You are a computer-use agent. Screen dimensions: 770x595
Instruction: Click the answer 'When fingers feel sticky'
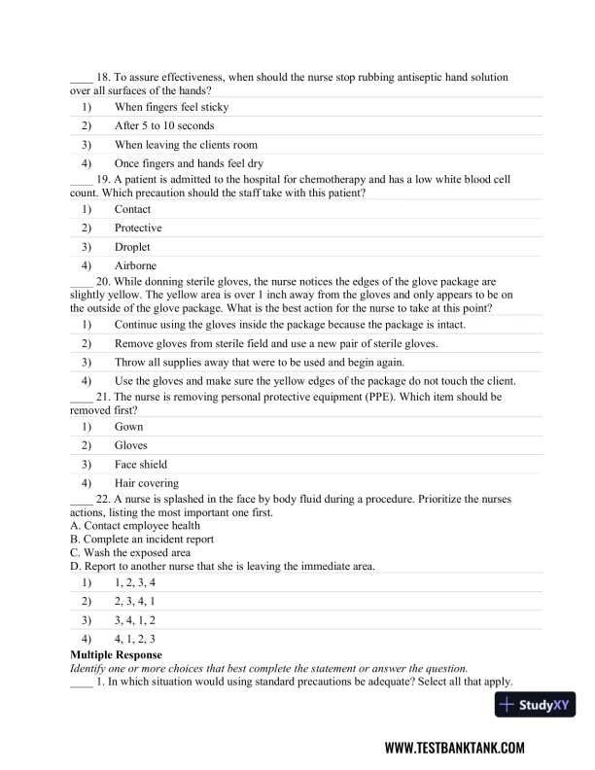click(171, 107)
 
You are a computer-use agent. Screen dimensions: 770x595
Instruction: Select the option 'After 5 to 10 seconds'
click(164, 125)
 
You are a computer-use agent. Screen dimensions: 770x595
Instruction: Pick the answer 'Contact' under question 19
click(132, 209)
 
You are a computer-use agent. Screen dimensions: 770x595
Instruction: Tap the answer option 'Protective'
click(138, 227)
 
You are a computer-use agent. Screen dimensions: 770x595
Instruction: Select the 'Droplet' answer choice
click(134, 247)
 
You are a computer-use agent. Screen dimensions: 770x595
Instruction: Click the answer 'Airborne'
click(135, 265)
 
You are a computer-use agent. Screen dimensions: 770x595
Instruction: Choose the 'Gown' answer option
click(128, 426)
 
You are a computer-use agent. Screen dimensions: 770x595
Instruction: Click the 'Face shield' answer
click(140, 464)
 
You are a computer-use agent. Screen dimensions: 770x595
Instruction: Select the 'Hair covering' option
click(146, 483)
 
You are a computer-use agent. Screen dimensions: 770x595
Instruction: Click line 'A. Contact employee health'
click(135, 525)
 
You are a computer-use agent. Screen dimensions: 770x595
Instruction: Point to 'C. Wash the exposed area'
click(130, 552)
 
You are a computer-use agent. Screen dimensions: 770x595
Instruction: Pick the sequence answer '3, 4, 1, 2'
click(135, 619)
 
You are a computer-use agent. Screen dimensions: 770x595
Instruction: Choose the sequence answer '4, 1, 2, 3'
click(135, 639)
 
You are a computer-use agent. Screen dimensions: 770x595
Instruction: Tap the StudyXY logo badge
click(536, 705)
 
